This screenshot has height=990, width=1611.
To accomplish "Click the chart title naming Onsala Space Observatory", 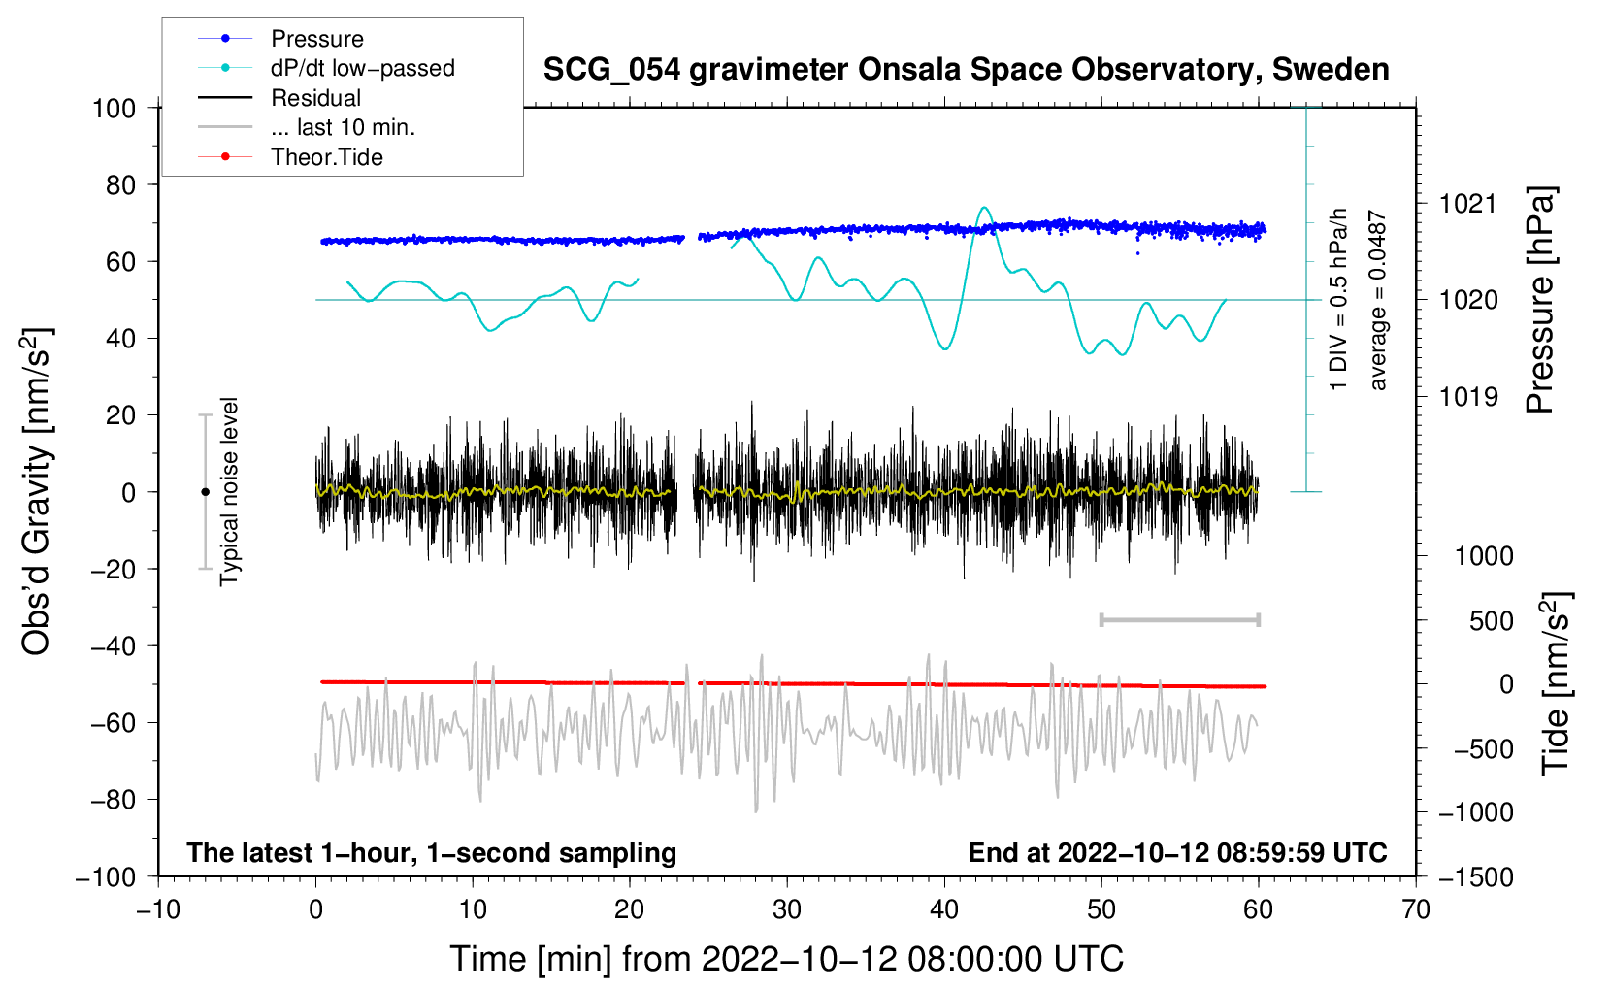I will [966, 70].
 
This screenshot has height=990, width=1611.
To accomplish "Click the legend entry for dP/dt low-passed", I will [362, 68].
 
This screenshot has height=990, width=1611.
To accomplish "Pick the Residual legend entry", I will [315, 98].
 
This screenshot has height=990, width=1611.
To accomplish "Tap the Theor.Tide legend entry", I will [326, 157].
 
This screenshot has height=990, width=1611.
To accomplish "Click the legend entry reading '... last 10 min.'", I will [343, 127].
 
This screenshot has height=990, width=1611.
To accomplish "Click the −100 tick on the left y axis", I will [106, 876].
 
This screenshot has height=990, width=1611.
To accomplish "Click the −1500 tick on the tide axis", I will [1475, 876].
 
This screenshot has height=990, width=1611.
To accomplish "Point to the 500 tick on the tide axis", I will [1491, 620].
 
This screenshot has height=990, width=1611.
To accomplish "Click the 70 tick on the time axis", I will [1416, 909].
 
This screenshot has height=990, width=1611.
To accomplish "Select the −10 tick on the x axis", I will [158, 909].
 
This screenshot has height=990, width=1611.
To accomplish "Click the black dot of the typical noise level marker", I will [205, 492].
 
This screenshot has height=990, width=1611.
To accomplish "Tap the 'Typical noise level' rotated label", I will [229, 491].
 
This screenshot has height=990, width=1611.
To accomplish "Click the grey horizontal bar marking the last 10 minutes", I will [1179, 619].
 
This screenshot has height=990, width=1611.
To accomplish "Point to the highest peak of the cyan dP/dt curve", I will [984, 208].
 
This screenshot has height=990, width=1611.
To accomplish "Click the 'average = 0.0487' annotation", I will [1378, 301].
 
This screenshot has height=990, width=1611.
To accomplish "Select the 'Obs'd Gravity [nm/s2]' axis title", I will [37, 491].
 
